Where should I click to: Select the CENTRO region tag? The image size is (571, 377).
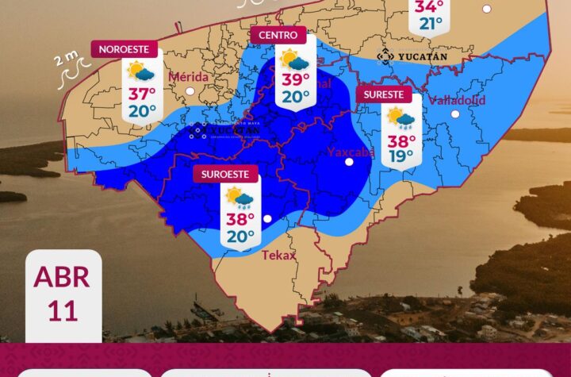278,35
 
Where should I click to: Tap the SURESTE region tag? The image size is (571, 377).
385,94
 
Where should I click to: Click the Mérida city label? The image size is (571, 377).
190,77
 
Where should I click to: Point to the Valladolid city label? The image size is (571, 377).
456,101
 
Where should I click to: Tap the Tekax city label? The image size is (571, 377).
278,255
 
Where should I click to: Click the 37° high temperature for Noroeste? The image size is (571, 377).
142,94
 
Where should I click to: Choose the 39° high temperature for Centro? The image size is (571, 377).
294,79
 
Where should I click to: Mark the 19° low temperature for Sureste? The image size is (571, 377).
400,156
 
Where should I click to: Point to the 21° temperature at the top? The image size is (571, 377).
431,24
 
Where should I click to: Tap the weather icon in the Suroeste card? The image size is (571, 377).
239,196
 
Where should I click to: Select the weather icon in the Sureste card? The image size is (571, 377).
400,118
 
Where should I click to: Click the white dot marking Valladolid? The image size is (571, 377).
455,114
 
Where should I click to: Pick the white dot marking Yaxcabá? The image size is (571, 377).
349,163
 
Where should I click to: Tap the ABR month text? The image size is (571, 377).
62,278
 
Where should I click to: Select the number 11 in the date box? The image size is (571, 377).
62,310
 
